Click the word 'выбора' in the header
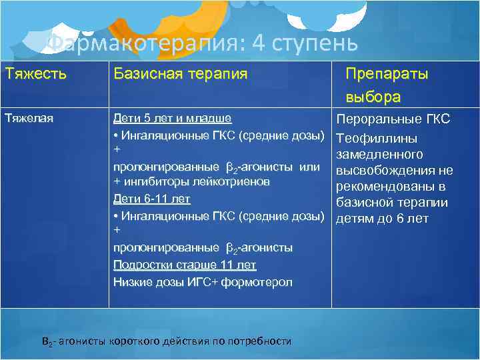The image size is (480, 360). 373,97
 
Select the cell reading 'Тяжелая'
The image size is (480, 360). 29,119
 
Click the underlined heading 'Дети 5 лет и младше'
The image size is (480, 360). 172,119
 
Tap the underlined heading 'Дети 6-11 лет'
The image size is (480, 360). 152,199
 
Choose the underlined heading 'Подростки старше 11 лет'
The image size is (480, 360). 185,265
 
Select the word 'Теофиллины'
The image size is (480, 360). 377,139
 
